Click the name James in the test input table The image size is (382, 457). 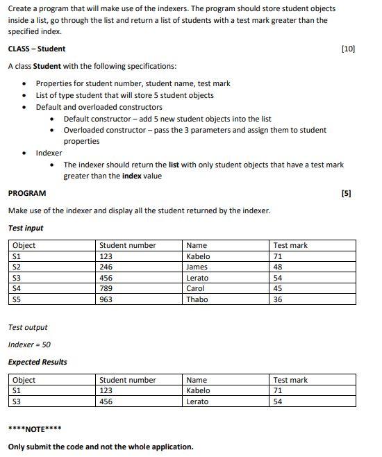pyautogui.click(x=197, y=267)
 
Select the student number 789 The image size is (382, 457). pyautogui.click(x=106, y=288)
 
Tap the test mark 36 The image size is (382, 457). pyautogui.click(x=278, y=299)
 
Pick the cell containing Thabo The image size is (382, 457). pyautogui.click(x=197, y=299)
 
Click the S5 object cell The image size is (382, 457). pyautogui.click(x=17, y=299)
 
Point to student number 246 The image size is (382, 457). pyautogui.click(x=106, y=267)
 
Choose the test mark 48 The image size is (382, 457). pyautogui.click(x=278, y=267)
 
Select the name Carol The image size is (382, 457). pyautogui.click(x=196, y=288)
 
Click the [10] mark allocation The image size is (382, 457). pyautogui.click(x=349, y=49)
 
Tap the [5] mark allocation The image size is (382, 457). pyautogui.click(x=347, y=193)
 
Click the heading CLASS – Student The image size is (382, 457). pyautogui.click(x=37, y=49)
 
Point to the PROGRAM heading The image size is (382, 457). pyautogui.click(x=27, y=193)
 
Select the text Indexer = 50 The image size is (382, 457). pyautogui.click(x=29, y=344)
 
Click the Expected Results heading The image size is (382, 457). pyautogui.click(x=38, y=362)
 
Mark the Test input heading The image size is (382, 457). pyautogui.click(x=26, y=228)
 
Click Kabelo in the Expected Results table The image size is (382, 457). pyautogui.click(x=199, y=390)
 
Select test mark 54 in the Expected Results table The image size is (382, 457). pyautogui.click(x=278, y=401)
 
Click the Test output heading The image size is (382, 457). pyautogui.click(x=28, y=327)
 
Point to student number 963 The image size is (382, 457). pyautogui.click(x=106, y=299)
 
